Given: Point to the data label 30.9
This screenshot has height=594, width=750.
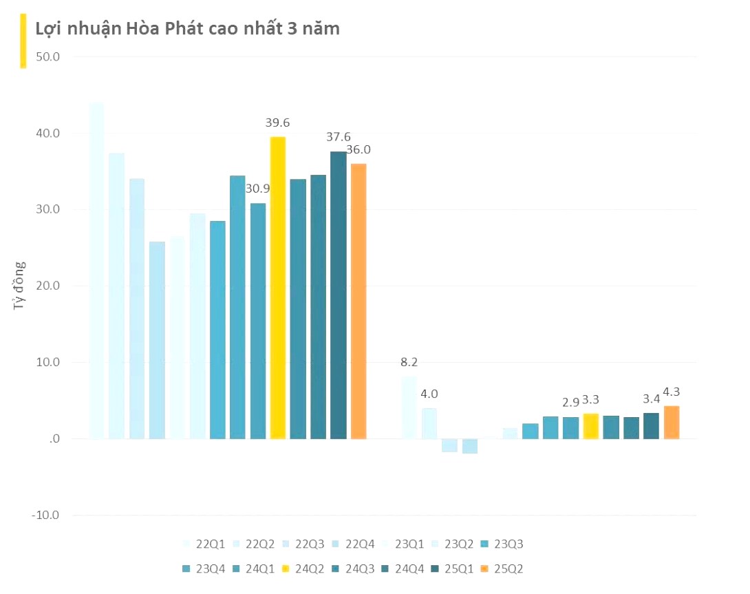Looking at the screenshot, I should pos(257,188).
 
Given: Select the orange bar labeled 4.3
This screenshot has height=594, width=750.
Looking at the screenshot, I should pos(671,423).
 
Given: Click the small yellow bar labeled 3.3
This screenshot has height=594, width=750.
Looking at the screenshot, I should pos(590,426).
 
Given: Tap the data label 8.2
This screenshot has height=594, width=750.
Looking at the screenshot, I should pos(409,362).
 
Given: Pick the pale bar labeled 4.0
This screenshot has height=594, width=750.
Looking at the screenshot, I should pos(429,423).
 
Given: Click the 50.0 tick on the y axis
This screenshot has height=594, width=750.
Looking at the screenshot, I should pos(46,56).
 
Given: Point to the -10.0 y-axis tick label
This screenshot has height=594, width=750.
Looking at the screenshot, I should pos(45,516).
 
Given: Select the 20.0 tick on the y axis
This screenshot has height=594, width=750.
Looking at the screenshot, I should pos(46,286).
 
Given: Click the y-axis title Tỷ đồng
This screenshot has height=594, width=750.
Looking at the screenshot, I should pos(20,286).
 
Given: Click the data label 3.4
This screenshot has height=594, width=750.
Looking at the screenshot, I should pos(651,399).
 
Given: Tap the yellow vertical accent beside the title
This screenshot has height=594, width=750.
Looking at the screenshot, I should pos(23,41).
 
